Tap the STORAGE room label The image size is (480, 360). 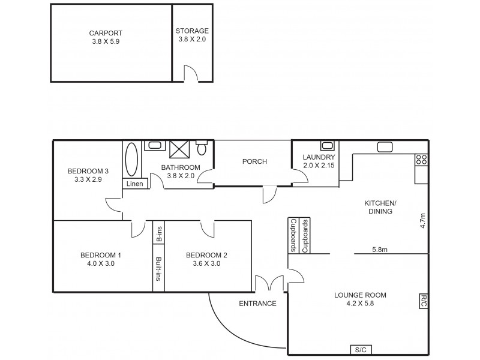192,31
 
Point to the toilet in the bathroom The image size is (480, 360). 203,148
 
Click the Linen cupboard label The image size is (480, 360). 135,184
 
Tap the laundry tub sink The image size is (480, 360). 327,146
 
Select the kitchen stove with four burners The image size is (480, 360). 421,160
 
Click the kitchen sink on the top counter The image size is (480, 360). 385,146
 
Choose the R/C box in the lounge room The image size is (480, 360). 423,301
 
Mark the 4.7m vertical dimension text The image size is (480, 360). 422,221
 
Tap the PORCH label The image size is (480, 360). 254,161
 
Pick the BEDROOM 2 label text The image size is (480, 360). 206,254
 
